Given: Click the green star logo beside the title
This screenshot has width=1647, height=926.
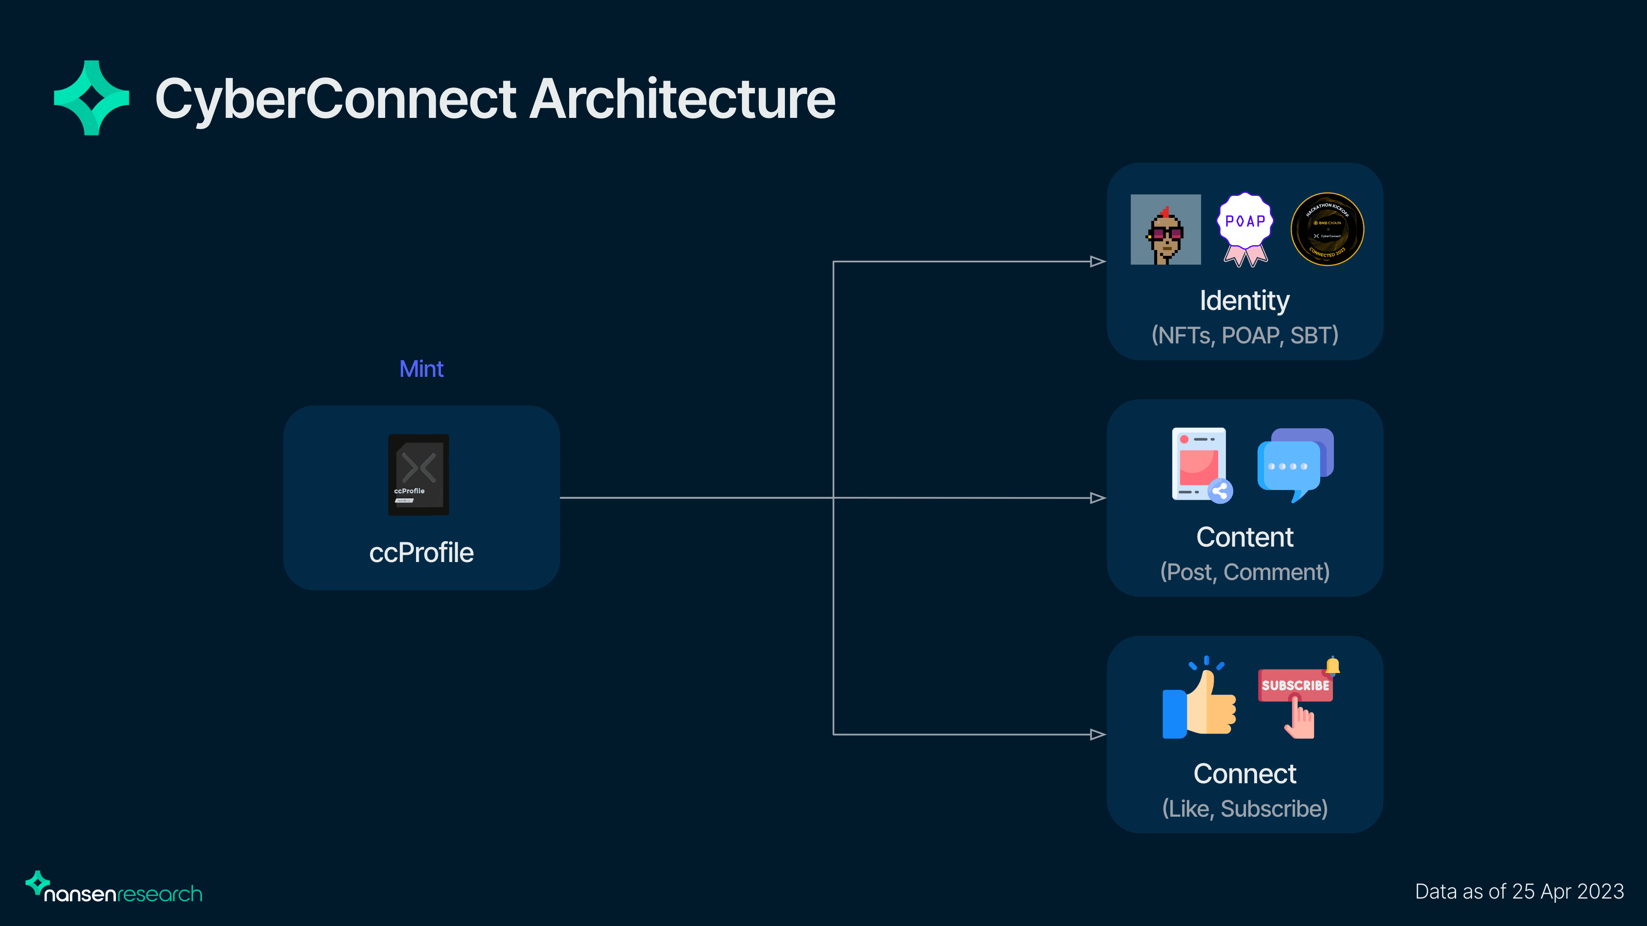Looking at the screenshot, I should (91, 98).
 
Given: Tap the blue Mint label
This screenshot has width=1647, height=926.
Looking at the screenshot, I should (421, 369).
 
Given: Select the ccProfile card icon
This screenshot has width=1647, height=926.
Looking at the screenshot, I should (419, 474).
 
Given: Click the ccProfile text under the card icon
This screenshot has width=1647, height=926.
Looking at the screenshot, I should (421, 553).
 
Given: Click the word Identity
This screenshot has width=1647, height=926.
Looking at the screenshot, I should (1244, 301).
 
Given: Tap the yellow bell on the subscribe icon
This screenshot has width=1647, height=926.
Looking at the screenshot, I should (1333, 666).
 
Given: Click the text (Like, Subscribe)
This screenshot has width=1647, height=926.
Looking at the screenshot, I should (1244, 809).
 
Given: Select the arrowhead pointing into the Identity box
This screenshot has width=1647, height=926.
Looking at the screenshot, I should (1097, 262).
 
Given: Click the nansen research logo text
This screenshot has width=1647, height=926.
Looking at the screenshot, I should (123, 893).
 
